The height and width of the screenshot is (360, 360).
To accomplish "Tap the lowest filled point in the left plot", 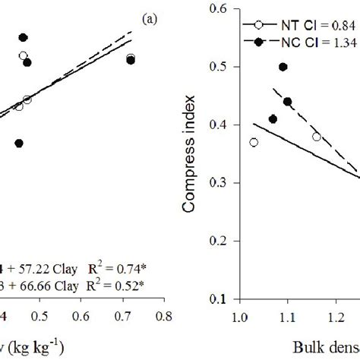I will click(19, 143).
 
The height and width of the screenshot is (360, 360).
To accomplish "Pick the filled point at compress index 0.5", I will click(283, 67).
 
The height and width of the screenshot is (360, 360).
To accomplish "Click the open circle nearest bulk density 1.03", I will click(254, 142).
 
